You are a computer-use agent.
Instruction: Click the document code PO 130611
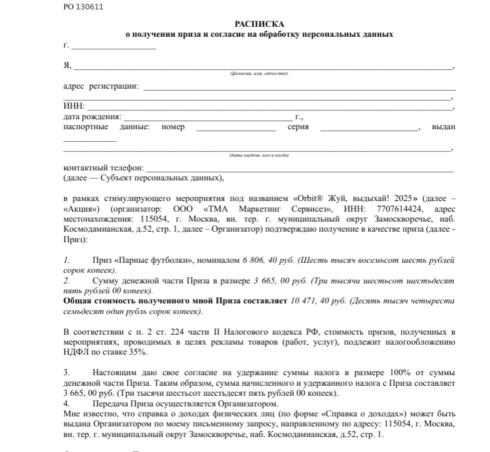click(x=83, y=7)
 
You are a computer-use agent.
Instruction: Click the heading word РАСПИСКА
click(x=259, y=24)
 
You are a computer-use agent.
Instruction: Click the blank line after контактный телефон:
click(x=300, y=169)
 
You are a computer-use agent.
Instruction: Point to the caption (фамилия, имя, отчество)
click(x=259, y=74)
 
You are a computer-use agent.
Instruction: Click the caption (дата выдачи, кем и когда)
click(x=259, y=155)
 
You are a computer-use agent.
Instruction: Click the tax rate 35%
click(x=139, y=352)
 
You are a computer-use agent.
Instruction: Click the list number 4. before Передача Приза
click(x=67, y=403)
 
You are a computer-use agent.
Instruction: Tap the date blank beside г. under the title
click(x=114, y=47)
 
